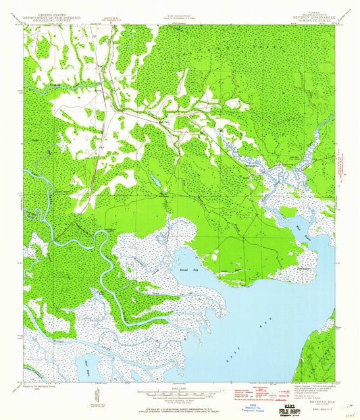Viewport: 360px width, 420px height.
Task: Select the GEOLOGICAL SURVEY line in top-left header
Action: tap(54, 21)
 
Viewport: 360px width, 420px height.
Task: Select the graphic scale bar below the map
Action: tap(180, 391)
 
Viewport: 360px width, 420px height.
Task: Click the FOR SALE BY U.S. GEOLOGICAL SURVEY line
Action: tap(180, 402)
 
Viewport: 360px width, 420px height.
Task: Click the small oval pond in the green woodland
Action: tap(156, 182)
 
